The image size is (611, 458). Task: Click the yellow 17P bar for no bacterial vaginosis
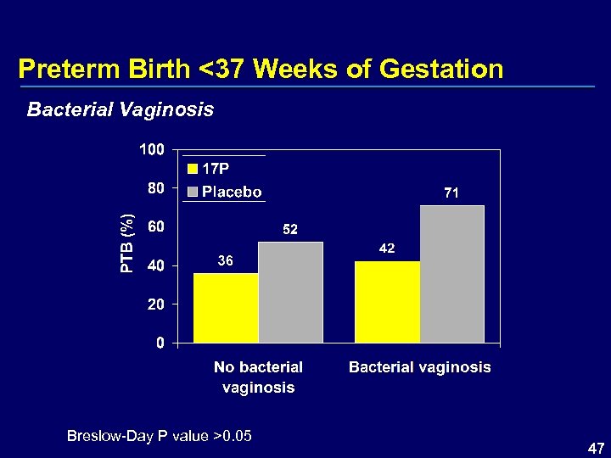click(226, 307)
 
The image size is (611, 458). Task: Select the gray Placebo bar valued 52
click(290, 292)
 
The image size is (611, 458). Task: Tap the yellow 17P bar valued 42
click(387, 301)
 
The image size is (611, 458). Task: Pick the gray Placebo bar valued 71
click(452, 273)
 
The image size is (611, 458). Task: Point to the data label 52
click(290, 230)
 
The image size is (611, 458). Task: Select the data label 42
click(387, 249)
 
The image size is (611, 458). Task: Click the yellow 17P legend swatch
click(193, 169)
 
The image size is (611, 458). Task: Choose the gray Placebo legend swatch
click(193, 192)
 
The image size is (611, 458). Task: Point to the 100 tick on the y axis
click(152, 150)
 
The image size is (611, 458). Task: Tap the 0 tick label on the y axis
click(160, 343)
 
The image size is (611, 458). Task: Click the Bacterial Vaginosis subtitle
click(121, 109)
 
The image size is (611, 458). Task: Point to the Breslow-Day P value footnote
click(160, 436)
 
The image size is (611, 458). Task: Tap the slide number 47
click(596, 447)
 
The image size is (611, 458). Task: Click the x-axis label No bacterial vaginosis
click(258, 377)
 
